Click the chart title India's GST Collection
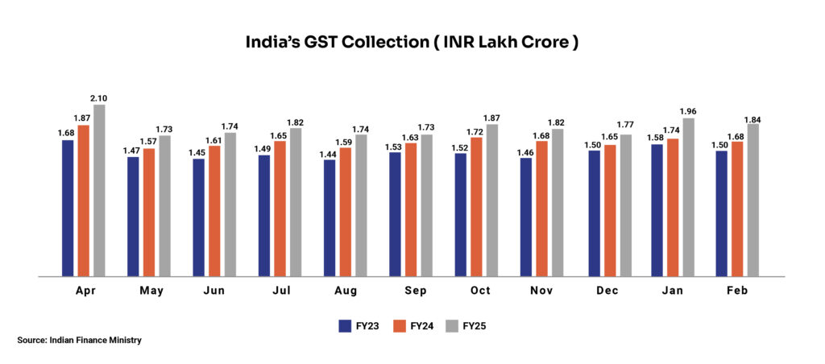click(412, 43)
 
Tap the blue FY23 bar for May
click(132, 217)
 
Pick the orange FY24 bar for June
click(214, 211)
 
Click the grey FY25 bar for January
click(687, 197)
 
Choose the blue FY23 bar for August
click(329, 217)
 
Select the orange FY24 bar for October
click(477, 207)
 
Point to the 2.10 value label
click(99, 98)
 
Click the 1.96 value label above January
click(687, 112)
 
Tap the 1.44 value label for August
click(329, 153)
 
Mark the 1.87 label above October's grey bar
click(492, 118)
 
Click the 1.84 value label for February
click(752, 119)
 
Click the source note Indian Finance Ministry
click(79, 341)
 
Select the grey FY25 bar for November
click(558, 202)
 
